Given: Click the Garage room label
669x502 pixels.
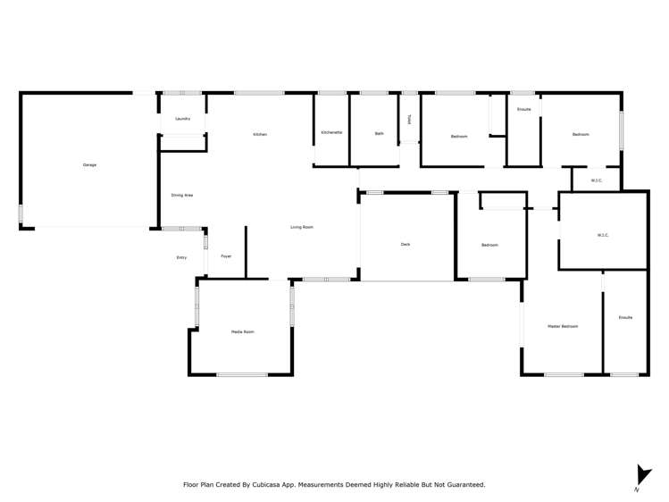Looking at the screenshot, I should pos(89,164).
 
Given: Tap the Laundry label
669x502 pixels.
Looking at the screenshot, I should pos(182,119).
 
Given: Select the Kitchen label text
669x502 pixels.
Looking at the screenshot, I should pos(260,134).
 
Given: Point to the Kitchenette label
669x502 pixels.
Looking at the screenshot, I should pos(331,132).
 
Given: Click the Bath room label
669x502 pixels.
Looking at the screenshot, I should pos(380,133).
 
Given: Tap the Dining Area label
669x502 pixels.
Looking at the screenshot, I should pos(182,195).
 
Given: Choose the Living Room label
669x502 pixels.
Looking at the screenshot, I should pos(302,227).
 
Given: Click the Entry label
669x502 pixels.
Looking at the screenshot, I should pos(181,257).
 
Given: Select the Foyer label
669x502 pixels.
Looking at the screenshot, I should pos(226,256).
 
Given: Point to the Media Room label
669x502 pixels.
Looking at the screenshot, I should pos(243,331).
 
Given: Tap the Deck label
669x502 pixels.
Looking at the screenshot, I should pos(406,244).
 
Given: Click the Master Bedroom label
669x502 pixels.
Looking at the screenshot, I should pos(563,326).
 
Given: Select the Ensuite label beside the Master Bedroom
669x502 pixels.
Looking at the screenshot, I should pos(625,317).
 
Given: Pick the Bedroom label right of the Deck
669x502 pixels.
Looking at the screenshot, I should pos(489,245).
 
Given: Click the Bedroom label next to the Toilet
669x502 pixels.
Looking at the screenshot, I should pos(459,136).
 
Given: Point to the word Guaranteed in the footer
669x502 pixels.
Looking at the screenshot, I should pos(464,485).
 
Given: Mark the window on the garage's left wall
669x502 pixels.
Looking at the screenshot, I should pos(21,213).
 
